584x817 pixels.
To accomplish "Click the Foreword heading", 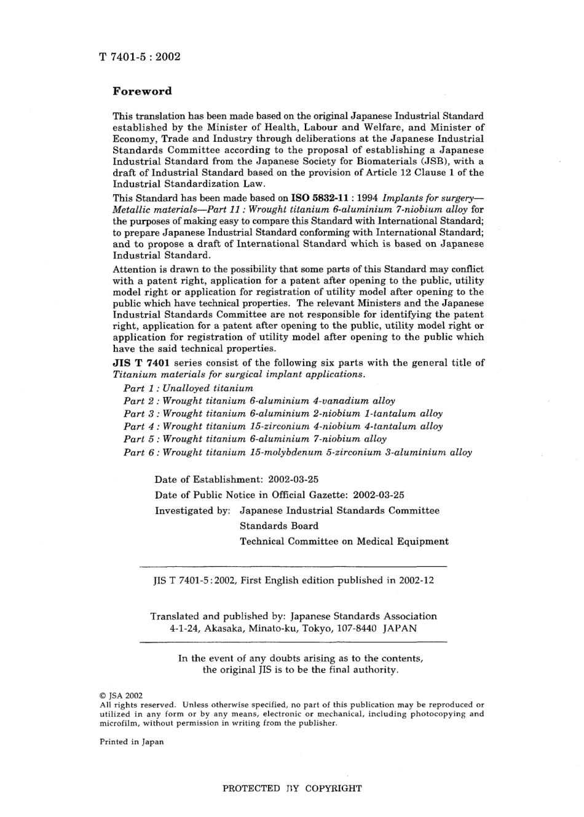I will [x=142, y=92].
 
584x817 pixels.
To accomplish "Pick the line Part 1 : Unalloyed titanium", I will [x=188, y=388].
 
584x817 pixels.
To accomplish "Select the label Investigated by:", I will [x=192, y=510].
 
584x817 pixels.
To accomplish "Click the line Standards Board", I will [x=279, y=526].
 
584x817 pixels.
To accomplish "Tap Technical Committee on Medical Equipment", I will [x=344, y=541].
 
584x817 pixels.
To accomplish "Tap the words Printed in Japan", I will [x=132, y=742].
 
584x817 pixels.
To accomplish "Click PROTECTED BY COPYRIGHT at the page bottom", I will [x=292, y=789].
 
